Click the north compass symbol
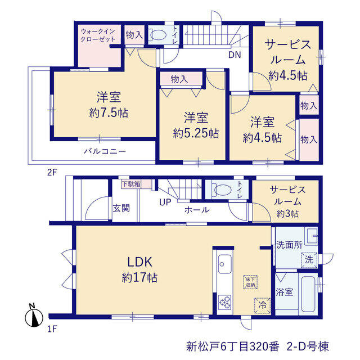click(34, 316)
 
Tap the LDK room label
click(140, 262)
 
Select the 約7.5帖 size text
click(109, 112)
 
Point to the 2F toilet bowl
click(158, 35)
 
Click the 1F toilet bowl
click(222, 190)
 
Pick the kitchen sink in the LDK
click(225, 264)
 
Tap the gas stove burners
click(225, 302)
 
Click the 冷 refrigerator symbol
click(262, 305)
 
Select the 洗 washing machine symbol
click(309, 260)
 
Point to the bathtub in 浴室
click(308, 294)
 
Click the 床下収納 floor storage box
click(250, 282)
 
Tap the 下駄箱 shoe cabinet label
click(131, 184)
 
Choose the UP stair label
click(165, 202)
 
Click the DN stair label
click(235, 55)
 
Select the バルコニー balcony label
click(105, 151)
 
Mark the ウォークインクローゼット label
click(98, 35)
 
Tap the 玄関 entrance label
click(121, 208)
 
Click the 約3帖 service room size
click(287, 214)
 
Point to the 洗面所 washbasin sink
click(311, 236)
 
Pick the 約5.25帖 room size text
click(196, 133)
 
